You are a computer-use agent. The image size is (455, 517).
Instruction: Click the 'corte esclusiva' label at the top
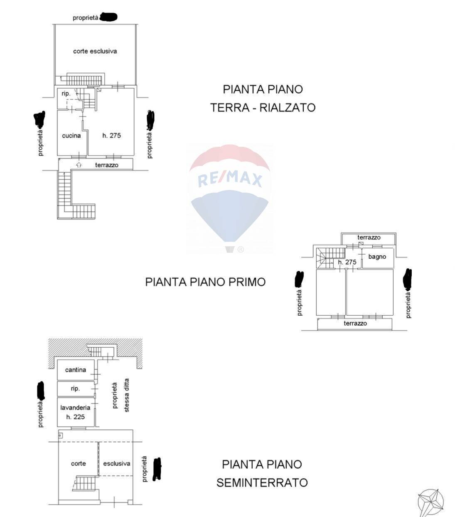[95, 51]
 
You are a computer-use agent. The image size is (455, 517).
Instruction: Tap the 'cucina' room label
[71, 136]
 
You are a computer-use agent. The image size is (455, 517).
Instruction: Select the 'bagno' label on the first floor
[377, 257]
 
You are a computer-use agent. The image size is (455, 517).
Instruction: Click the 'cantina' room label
[76, 370]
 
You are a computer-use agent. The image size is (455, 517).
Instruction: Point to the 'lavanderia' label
[75, 408]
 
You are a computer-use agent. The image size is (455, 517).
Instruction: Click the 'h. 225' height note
[75, 417]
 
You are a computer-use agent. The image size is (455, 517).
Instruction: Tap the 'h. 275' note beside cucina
[111, 136]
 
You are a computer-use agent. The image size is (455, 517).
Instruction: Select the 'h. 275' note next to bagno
[347, 262]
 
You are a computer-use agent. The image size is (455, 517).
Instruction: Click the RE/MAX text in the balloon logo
[230, 179]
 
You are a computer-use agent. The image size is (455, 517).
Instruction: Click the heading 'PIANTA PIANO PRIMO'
[205, 282]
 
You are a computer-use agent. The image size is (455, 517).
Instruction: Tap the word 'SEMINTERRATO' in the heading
[262, 483]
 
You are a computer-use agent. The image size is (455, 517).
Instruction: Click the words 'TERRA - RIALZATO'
[263, 108]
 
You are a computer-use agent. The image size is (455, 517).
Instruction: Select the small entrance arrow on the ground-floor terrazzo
[79, 165]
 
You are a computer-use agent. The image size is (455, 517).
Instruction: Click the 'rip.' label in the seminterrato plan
[75, 388]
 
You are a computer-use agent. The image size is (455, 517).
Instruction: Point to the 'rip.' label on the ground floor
[66, 94]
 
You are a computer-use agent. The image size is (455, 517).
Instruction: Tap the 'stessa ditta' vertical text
[127, 395]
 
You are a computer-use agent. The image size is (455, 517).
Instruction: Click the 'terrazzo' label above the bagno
[369, 237]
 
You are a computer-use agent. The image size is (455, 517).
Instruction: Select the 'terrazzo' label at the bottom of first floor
[355, 323]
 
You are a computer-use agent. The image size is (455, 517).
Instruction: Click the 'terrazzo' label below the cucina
[106, 165]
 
